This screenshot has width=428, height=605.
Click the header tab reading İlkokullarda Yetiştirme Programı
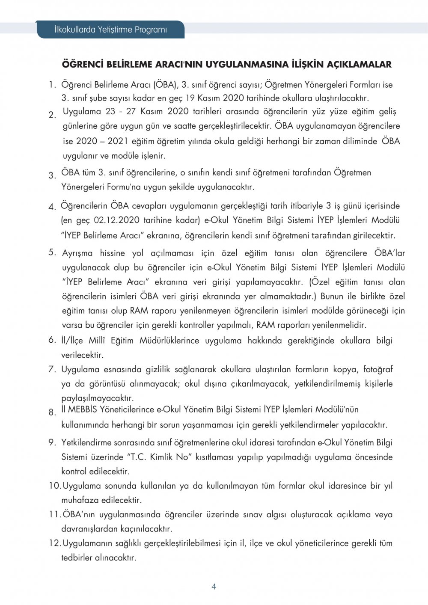(x=110, y=30)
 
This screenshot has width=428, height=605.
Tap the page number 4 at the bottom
(x=214, y=587)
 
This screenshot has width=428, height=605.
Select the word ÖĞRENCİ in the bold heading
(x=83, y=65)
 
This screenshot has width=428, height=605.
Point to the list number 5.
(x=52, y=252)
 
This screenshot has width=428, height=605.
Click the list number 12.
(x=54, y=543)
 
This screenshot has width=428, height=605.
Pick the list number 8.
(x=52, y=412)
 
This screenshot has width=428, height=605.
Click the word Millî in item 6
(x=96, y=341)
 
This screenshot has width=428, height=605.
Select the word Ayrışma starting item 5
(x=77, y=253)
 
